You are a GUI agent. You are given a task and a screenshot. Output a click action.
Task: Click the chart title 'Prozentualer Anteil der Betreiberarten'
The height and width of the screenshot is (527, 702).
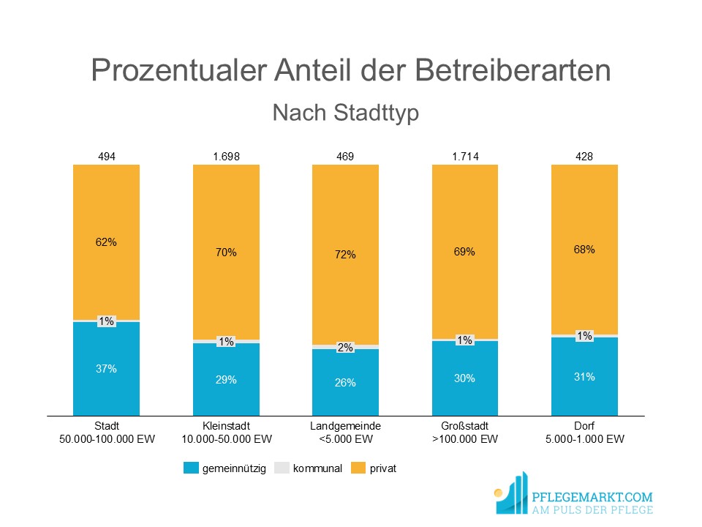(351, 71)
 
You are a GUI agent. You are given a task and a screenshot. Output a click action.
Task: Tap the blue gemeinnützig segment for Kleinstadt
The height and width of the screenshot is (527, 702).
(226, 395)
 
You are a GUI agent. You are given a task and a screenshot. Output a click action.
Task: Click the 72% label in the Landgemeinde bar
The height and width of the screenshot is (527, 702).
(345, 255)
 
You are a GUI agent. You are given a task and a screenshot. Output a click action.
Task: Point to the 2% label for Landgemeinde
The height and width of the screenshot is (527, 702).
(345, 348)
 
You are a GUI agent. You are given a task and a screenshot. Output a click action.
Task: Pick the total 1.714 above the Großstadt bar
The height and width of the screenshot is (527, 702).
(464, 156)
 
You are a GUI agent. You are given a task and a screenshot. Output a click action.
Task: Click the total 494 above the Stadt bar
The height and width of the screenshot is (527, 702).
(107, 156)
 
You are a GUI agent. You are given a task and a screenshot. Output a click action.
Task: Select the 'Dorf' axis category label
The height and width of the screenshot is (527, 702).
(584, 425)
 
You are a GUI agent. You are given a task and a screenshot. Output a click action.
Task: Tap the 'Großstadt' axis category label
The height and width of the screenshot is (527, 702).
(464, 425)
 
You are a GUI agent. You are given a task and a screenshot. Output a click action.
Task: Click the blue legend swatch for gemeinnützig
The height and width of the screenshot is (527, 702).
(191, 468)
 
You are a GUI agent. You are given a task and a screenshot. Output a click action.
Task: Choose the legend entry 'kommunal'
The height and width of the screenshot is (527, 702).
(317, 468)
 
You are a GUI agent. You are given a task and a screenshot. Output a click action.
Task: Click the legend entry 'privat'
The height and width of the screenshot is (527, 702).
(383, 468)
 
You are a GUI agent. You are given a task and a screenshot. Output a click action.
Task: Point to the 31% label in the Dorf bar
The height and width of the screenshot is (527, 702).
(584, 377)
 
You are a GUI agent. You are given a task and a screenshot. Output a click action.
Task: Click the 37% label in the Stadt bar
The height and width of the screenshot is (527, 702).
(107, 369)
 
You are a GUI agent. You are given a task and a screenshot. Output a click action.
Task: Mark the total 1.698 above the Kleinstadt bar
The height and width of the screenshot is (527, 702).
(226, 156)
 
